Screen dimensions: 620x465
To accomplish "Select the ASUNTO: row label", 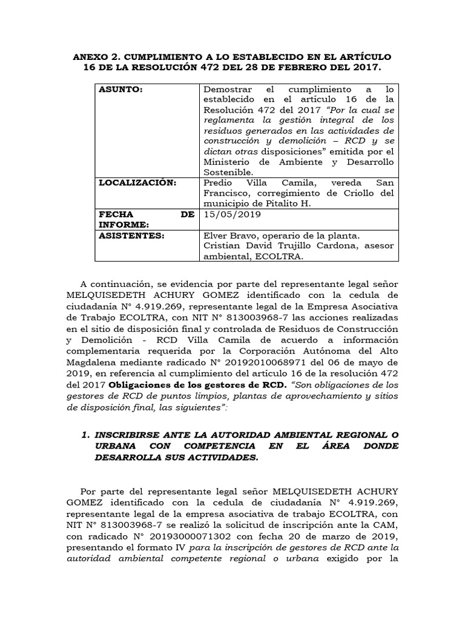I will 120,90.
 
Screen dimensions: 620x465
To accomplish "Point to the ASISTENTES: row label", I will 131,235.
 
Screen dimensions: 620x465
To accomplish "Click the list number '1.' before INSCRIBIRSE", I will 85,435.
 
